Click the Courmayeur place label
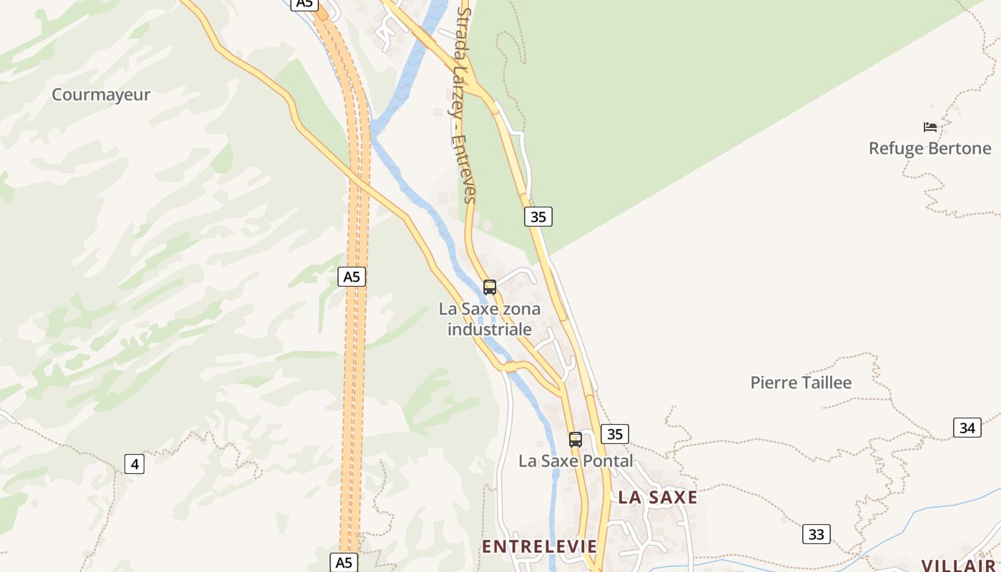(101, 94)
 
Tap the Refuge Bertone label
(929, 149)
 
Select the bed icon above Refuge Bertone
(930, 127)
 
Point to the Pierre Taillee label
(801, 383)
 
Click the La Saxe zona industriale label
(490, 319)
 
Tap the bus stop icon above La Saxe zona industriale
(490, 287)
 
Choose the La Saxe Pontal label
(576, 461)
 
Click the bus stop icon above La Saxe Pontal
(576, 440)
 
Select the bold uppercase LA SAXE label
(657, 498)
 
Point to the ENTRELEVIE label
(539, 547)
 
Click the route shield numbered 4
(134, 464)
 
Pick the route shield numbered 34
(967, 428)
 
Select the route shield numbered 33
(817, 534)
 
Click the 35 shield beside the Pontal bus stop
(615, 433)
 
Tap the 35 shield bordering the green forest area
(538, 216)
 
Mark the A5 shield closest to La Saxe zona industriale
(351, 277)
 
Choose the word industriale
(490, 330)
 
